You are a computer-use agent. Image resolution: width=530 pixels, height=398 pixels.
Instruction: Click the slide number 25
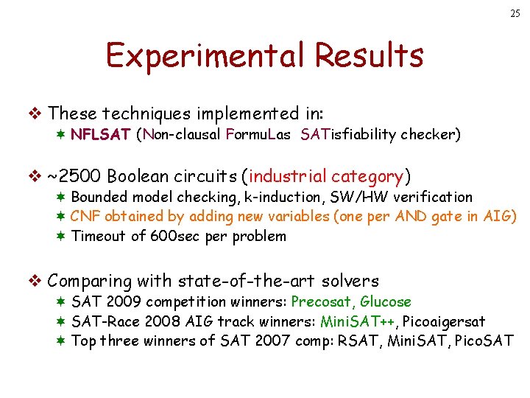point(513,14)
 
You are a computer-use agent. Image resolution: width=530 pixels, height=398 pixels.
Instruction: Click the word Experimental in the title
point(203,55)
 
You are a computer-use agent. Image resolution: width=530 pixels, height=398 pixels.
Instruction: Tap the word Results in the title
point(368,55)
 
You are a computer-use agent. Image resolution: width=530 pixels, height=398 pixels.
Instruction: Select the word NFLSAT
point(101,135)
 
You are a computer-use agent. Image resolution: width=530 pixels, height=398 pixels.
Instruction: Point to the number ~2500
point(74,177)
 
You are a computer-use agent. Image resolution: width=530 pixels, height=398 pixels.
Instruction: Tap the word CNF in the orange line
point(85,217)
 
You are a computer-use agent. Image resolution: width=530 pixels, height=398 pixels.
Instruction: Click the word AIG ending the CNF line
point(501,217)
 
